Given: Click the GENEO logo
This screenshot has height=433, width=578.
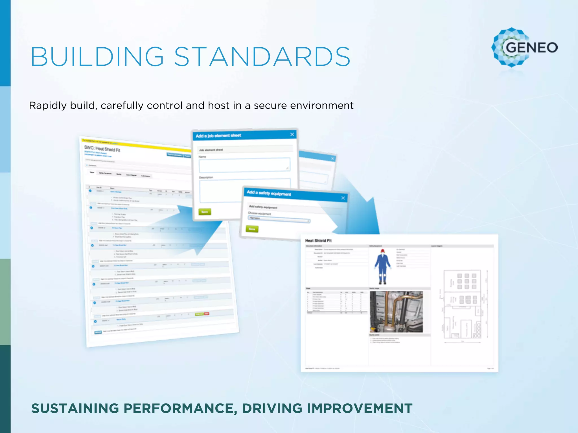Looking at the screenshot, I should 524,47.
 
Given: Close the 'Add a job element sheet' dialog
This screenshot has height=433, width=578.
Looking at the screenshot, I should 292,134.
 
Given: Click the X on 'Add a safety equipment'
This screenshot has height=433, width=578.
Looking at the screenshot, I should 343,198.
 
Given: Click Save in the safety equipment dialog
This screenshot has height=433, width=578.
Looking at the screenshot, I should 252,229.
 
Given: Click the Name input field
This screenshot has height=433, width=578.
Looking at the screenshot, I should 244,165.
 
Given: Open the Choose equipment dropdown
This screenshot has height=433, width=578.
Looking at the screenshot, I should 279,220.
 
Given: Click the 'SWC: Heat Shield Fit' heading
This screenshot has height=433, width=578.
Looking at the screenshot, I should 102,149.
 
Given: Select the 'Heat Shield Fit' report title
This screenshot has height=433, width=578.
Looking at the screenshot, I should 318,240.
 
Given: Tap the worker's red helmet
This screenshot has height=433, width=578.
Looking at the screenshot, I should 383,251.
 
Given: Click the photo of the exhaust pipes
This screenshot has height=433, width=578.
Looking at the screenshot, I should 396,312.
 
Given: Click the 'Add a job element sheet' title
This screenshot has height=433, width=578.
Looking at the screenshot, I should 218,136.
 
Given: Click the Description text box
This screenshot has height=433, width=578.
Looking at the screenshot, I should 220,191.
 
